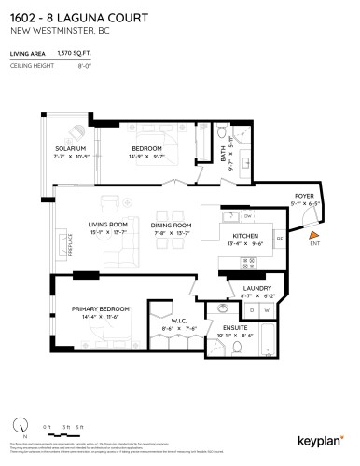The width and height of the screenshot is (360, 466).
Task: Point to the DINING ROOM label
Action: click(172, 225)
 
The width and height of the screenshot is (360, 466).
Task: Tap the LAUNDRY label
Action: click(256, 289)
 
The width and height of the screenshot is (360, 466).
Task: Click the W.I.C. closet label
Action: click(168, 321)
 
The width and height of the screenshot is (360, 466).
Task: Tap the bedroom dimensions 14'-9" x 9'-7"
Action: click(147, 158)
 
